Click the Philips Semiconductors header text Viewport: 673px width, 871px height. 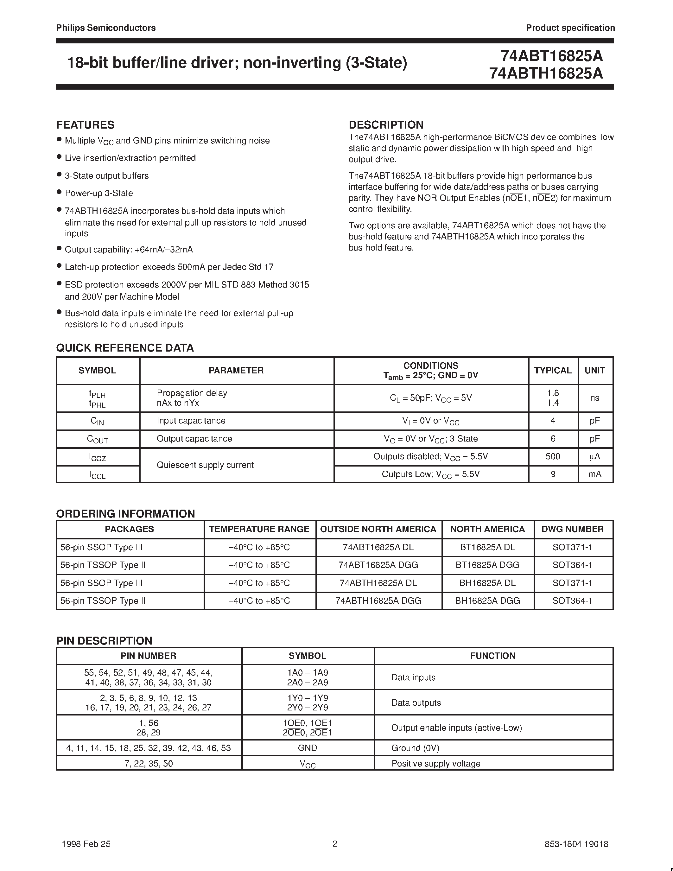[106, 28]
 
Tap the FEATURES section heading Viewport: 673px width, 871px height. [85, 125]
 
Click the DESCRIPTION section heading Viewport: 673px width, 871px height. [386, 125]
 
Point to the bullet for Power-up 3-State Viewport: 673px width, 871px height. [59, 192]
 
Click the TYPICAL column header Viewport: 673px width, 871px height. [553, 371]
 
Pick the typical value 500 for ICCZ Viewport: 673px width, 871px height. [553, 456]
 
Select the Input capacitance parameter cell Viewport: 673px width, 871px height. [191, 421]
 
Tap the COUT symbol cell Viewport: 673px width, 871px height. [97, 439]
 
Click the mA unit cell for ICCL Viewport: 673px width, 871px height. [594, 474]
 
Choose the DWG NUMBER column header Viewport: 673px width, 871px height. [573, 529]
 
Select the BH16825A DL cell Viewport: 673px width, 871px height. [487, 583]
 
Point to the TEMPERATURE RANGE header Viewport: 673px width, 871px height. [259, 529]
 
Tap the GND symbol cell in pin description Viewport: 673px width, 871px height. [308, 748]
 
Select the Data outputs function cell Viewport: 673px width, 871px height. [416, 703]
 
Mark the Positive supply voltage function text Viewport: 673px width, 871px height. [436, 764]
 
